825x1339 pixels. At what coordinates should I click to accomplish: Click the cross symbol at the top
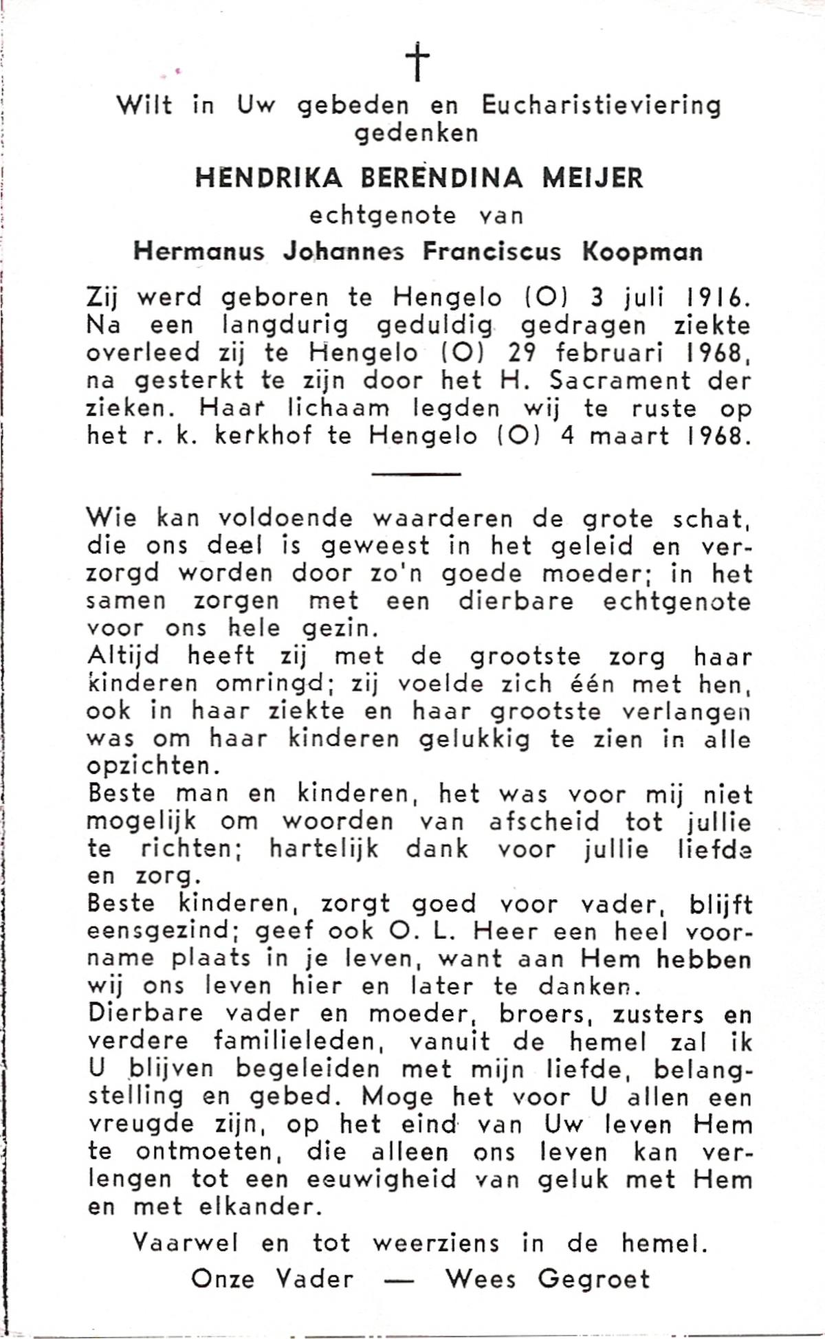tap(417, 62)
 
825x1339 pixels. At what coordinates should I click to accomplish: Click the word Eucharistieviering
tap(601, 105)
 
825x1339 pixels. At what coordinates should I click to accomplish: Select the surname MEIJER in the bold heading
tap(592, 178)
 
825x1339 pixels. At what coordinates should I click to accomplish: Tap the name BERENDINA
tap(441, 178)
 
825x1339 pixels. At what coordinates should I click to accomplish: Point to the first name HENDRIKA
tap(269, 178)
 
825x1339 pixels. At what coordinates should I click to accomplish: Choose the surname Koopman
tap(643, 252)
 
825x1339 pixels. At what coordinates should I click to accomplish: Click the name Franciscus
tap(492, 252)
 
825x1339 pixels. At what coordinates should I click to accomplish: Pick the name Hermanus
tap(199, 252)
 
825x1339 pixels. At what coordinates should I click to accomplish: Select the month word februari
tap(613, 353)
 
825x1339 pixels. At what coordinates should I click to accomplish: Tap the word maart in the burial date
tap(629, 436)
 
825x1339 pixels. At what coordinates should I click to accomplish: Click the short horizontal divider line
tap(416, 474)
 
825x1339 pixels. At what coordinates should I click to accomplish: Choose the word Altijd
tap(123, 656)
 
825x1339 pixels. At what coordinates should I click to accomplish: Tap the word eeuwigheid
tap(382, 1180)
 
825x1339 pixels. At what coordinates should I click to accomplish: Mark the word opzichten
tap(148, 766)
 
